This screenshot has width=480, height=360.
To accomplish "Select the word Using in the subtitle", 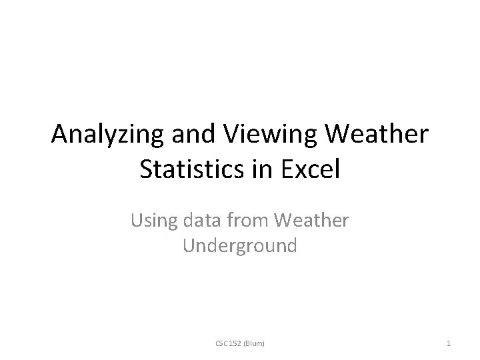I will [151, 220].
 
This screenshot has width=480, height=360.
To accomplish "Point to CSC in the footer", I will [222, 343].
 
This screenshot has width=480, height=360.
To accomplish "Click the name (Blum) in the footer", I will [254, 343].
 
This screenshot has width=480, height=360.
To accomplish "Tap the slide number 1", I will [449, 343].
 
